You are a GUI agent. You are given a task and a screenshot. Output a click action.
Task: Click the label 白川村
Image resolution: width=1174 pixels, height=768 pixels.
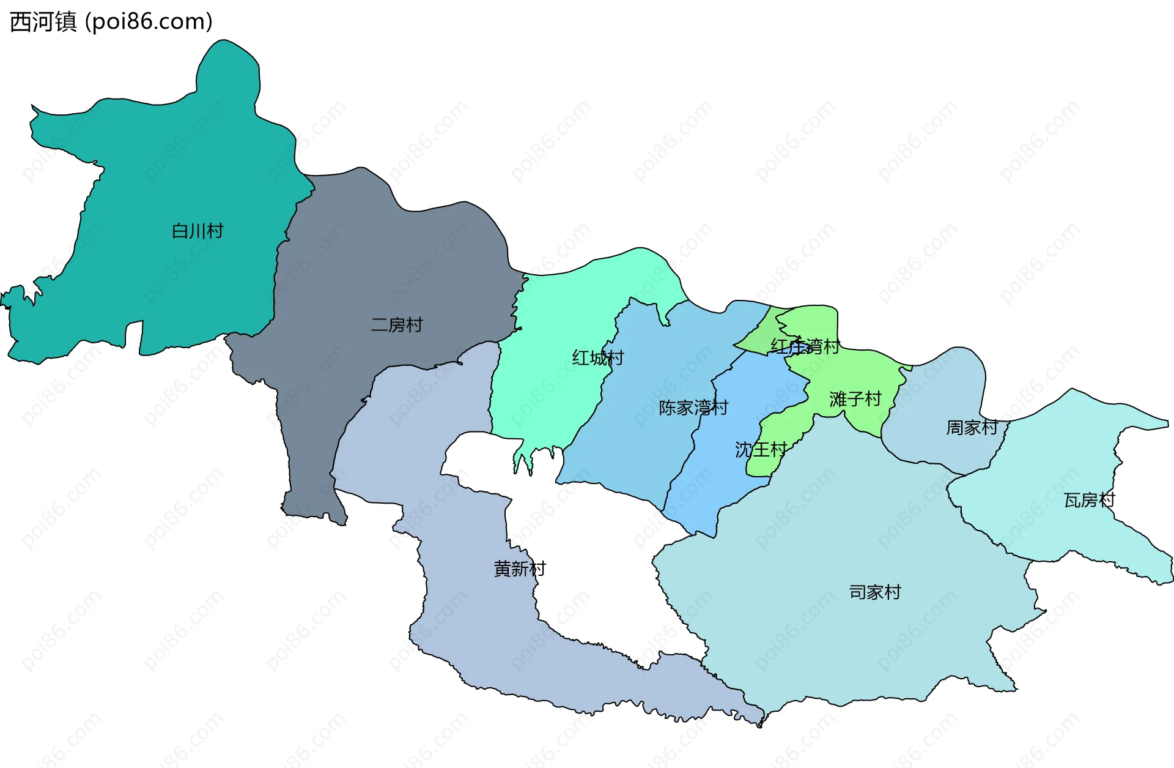tap(198, 231)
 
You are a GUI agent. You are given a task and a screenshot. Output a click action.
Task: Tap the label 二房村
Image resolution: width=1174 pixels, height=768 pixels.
tap(397, 325)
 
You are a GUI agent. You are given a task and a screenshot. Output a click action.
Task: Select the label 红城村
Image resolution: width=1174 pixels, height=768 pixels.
tap(597, 358)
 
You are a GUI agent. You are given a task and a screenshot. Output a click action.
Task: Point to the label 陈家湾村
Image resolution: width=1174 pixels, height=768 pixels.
tap(693, 408)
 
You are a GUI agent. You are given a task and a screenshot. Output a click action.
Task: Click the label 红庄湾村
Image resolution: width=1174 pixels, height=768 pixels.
tap(805, 347)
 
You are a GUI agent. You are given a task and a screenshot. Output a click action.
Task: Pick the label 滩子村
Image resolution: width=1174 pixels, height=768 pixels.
tap(855, 400)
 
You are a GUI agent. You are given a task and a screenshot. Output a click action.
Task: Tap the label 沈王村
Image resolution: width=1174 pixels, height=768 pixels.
tap(761, 450)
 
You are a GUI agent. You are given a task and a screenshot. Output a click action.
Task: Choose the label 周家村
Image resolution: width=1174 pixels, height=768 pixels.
tap(972, 428)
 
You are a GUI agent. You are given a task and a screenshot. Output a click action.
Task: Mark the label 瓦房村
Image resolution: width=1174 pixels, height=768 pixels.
tap(1089, 501)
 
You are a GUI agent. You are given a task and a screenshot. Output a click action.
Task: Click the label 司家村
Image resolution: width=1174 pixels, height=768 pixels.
tap(874, 592)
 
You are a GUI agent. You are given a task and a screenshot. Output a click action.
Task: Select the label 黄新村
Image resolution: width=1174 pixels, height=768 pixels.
tap(519, 569)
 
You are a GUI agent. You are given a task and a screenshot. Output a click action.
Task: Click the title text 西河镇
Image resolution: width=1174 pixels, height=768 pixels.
tap(43, 22)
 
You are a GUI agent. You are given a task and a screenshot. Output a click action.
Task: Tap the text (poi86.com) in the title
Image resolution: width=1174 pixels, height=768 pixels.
tap(149, 22)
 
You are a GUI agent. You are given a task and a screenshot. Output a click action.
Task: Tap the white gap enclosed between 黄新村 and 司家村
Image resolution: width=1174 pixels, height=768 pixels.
tap(599, 551)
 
